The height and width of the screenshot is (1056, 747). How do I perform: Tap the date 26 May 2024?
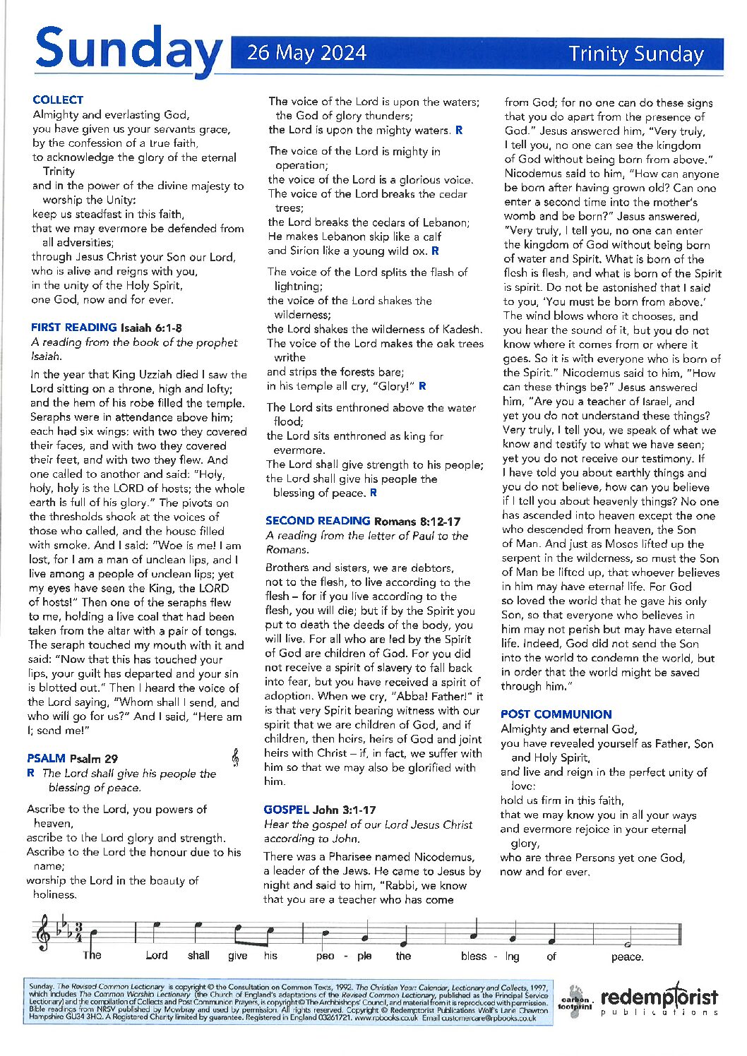(306, 54)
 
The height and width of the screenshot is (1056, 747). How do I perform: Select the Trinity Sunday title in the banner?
(636, 54)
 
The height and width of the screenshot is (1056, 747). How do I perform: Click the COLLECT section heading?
(58, 100)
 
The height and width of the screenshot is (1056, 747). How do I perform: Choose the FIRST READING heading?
(73, 328)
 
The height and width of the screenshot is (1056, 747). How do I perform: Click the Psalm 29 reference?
(93, 759)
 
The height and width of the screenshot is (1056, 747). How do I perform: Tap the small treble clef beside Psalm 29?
(235, 757)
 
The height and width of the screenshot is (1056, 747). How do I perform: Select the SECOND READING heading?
(318, 521)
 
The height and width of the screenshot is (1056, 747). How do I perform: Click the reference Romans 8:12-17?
(417, 522)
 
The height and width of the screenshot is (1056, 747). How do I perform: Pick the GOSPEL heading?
(286, 810)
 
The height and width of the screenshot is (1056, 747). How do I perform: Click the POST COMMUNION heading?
(556, 714)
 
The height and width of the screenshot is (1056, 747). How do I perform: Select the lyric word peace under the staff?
(628, 957)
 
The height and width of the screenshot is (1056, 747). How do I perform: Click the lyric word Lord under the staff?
(156, 956)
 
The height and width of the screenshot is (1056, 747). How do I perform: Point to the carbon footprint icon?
(575, 1002)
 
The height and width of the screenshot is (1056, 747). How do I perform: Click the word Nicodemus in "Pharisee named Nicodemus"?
(443, 857)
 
